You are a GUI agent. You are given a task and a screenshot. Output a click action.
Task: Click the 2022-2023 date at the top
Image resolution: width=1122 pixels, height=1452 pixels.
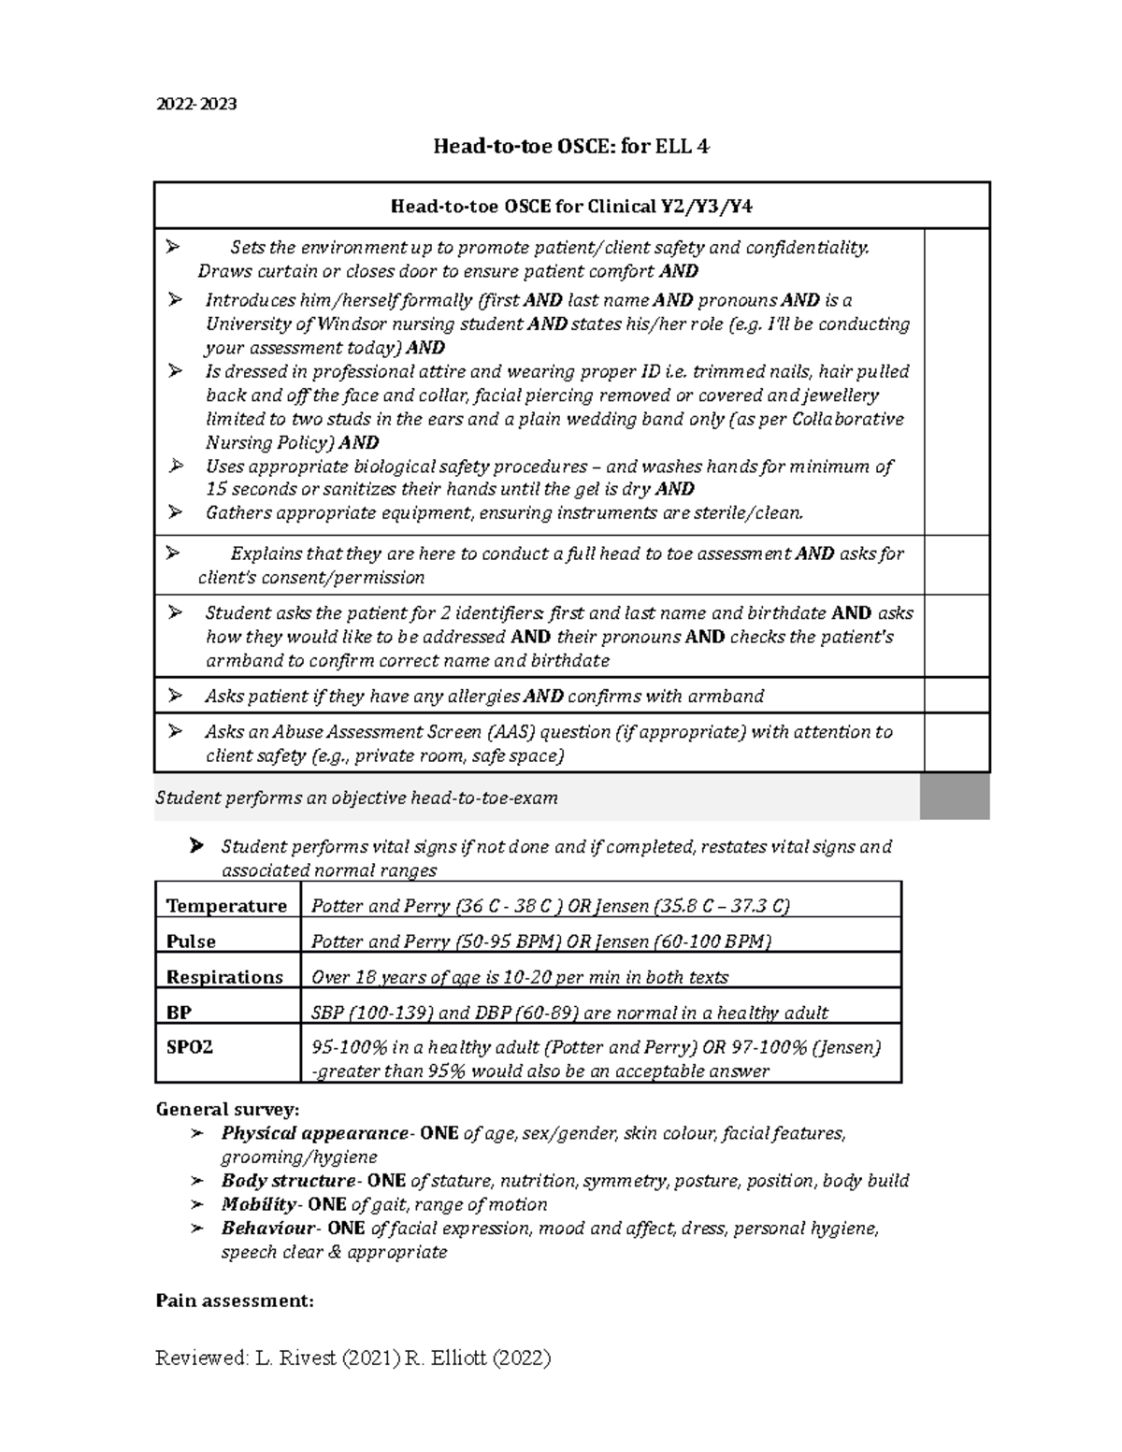pos(195,103)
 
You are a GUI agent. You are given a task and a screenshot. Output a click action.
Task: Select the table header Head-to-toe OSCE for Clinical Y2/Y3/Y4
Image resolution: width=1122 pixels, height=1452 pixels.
pos(570,207)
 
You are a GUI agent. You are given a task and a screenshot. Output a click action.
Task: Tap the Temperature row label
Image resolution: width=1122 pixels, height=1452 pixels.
pos(226,906)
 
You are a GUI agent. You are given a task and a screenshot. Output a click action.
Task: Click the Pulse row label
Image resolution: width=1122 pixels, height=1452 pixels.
pos(191,942)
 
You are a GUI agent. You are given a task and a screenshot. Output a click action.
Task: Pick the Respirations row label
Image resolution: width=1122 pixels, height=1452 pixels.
pos(224,977)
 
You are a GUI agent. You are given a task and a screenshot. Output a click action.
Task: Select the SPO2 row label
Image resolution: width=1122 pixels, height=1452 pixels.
pos(190,1047)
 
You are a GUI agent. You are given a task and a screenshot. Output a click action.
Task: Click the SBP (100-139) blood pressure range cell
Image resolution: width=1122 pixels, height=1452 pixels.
pos(569,1013)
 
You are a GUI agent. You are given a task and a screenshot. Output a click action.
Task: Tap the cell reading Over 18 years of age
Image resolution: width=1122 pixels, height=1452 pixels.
pos(519,977)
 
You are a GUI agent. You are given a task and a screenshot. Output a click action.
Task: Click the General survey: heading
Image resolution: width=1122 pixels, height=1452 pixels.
pos(227,1110)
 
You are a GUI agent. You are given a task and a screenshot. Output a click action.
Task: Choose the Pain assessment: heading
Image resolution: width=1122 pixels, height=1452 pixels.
pos(234,1301)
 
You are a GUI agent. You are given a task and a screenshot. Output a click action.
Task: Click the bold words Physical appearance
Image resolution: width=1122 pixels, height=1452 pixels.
pos(314,1133)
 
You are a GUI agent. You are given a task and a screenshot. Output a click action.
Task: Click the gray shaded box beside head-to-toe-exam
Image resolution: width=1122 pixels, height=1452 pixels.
pos(955,797)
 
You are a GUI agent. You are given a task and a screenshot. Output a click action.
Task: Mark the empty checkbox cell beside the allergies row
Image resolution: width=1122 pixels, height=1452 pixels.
pos(956,696)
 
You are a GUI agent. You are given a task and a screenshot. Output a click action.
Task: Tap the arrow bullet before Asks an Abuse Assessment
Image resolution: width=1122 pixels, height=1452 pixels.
pos(175,731)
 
